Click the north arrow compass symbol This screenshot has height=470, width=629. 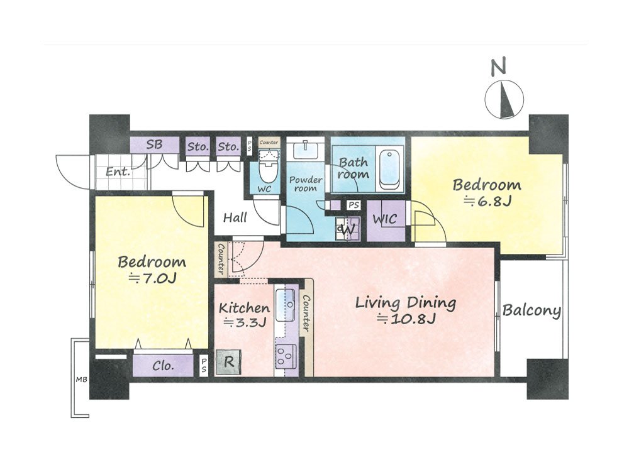point(504,99)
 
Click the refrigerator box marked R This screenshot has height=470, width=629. point(228,362)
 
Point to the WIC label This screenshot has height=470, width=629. point(385,219)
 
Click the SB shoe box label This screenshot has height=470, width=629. point(155,145)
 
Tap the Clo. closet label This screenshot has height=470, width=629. point(163,366)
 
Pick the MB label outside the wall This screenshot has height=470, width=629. point(82,379)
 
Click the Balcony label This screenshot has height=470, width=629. point(532,310)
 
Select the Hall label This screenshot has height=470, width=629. point(235,217)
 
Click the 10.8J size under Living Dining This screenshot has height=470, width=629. point(406,320)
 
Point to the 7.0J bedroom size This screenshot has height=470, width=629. point(152,278)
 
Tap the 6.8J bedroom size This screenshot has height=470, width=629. point(487,200)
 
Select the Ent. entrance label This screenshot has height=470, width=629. point(118,172)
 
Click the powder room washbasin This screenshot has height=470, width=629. point(305,150)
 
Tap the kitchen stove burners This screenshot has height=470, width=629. point(286,356)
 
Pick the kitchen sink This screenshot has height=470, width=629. point(286,305)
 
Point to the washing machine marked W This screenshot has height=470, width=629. point(348,229)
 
